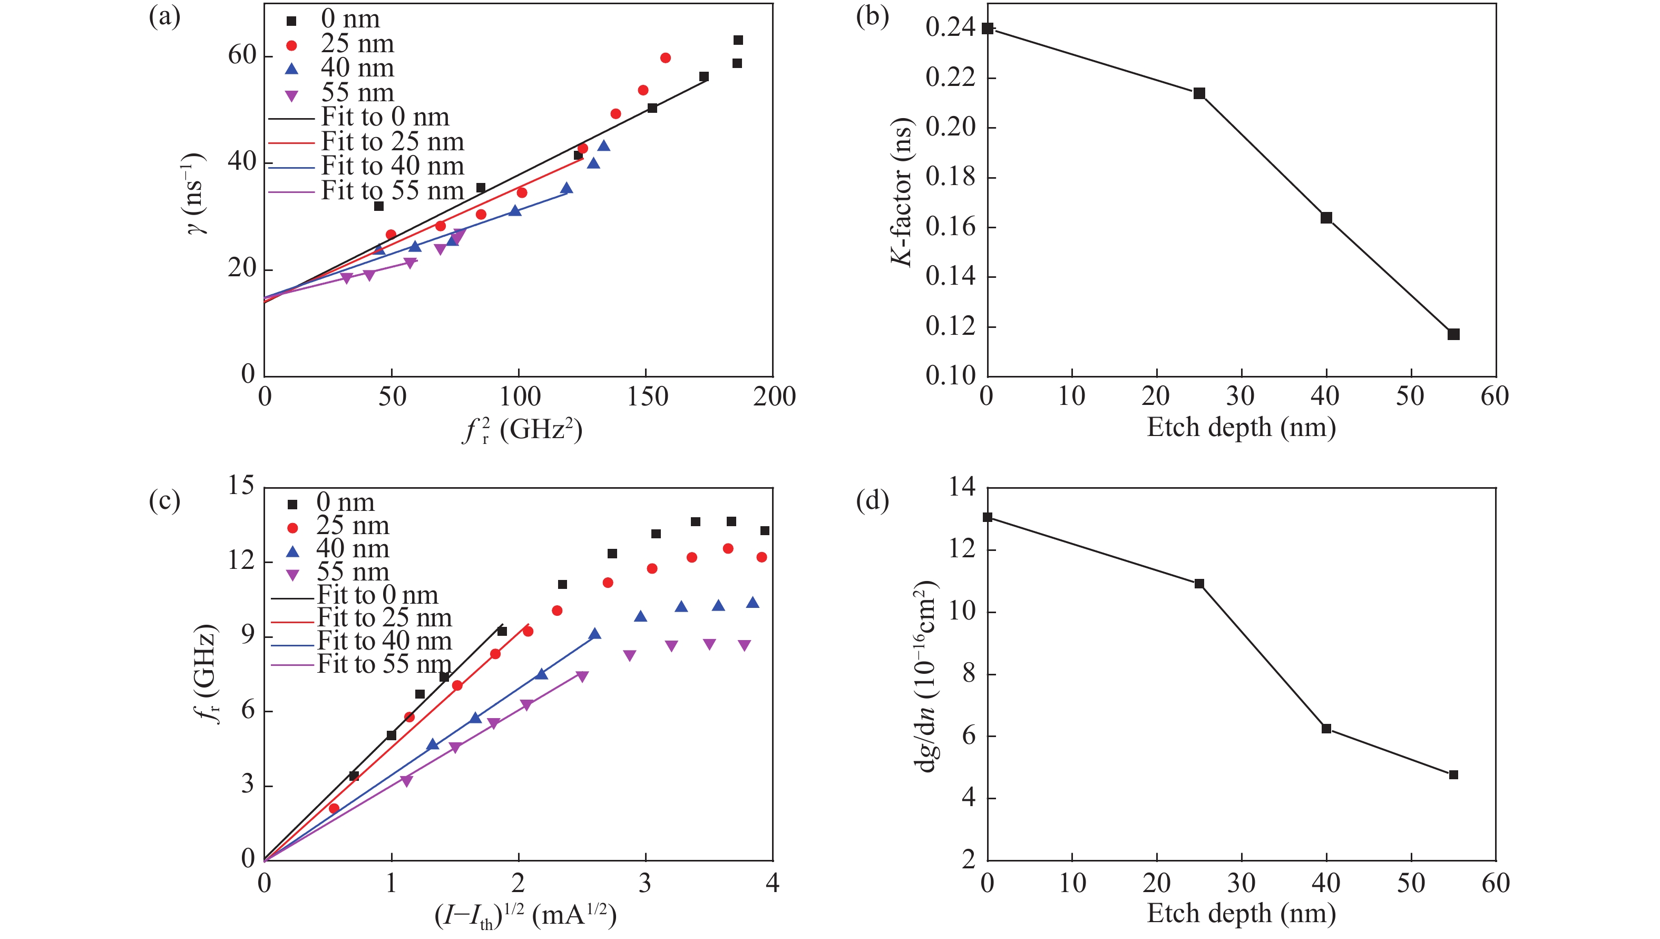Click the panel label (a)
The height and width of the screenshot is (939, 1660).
tap(164, 17)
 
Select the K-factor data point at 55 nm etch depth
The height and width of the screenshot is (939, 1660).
tap(1453, 334)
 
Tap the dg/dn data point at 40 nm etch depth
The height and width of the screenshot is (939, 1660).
tap(1326, 728)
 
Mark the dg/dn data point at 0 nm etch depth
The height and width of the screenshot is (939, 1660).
tap(987, 517)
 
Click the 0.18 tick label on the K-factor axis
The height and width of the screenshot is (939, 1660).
tap(951, 177)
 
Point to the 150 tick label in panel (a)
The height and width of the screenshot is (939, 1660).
tap(647, 396)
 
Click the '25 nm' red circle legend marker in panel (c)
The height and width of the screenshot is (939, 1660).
tap(292, 528)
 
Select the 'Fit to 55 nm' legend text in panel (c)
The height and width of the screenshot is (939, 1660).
tap(384, 664)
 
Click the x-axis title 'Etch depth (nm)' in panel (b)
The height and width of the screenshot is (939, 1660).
tap(1241, 428)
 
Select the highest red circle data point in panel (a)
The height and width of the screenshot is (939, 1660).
tap(665, 58)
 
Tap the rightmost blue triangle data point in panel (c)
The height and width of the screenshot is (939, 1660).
tap(752, 602)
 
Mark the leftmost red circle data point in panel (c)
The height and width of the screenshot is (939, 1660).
tap(334, 808)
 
